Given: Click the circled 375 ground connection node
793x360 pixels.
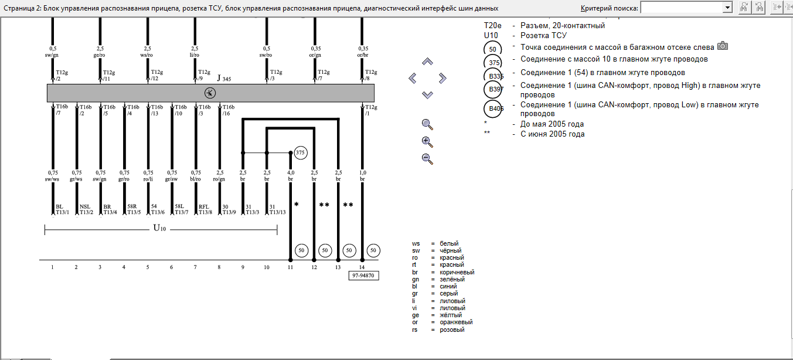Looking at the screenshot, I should tap(300, 152).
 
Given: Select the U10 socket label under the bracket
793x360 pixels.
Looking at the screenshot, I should tap(160, 228).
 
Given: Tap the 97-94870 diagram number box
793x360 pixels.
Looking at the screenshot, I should tap(364, 274).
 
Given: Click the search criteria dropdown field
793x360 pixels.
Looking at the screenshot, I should tap(686, 7).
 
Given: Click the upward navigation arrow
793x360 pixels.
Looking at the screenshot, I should tap(427, 62).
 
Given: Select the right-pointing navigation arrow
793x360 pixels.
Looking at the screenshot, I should tap(443, 78).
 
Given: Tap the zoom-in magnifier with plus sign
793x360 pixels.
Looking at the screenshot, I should tap(427, 141).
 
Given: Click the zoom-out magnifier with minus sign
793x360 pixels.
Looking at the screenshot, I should tap(427, 158).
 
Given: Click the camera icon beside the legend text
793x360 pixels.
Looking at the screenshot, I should tap(723, 46).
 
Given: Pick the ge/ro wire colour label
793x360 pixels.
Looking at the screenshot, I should tap(100, 56).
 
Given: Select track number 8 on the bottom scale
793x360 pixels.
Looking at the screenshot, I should tap(219, 267).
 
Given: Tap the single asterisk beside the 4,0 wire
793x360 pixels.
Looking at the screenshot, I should tap(297, 205).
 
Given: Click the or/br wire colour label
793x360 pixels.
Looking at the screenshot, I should tap(363, 56).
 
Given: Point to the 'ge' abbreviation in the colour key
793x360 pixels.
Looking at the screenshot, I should tap(416, 315).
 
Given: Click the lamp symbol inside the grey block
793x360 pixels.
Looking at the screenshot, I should tap(210, 93).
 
